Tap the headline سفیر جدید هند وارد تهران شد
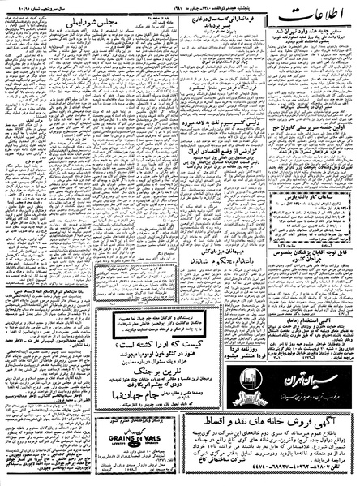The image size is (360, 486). point(311,37)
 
